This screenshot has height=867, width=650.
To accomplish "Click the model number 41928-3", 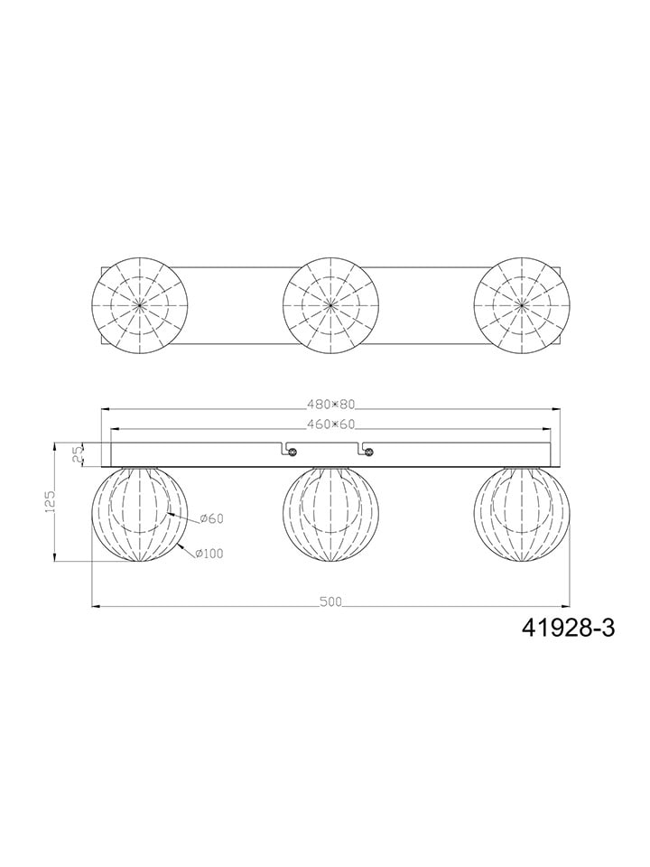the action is click(568, 628).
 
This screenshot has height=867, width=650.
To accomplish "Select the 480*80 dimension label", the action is click(330, 405).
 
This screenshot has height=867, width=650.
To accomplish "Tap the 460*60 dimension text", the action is click(330, 424).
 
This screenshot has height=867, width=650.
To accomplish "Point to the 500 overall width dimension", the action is click(330, 601).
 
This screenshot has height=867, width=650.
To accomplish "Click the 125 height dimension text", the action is click(49, 501).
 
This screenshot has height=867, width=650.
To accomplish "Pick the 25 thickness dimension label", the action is click(78, 454).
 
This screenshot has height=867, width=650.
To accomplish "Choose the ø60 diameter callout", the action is click(210, 518).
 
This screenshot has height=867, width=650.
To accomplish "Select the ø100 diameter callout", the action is click(209, 554).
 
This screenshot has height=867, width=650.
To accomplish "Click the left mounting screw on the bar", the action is click(292, 452).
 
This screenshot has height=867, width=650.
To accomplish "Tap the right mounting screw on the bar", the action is click(368, 452).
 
